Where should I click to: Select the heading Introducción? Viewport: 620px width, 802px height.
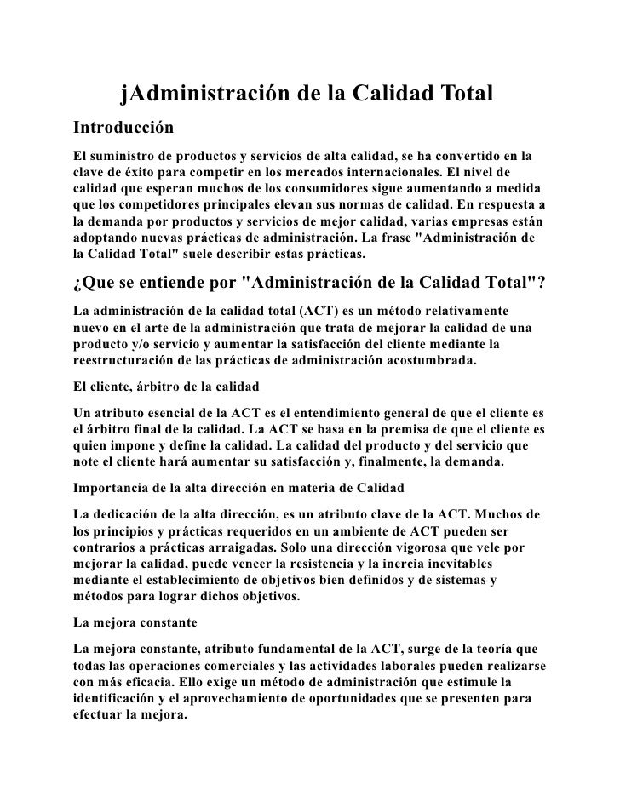click(x=123, y=129)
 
